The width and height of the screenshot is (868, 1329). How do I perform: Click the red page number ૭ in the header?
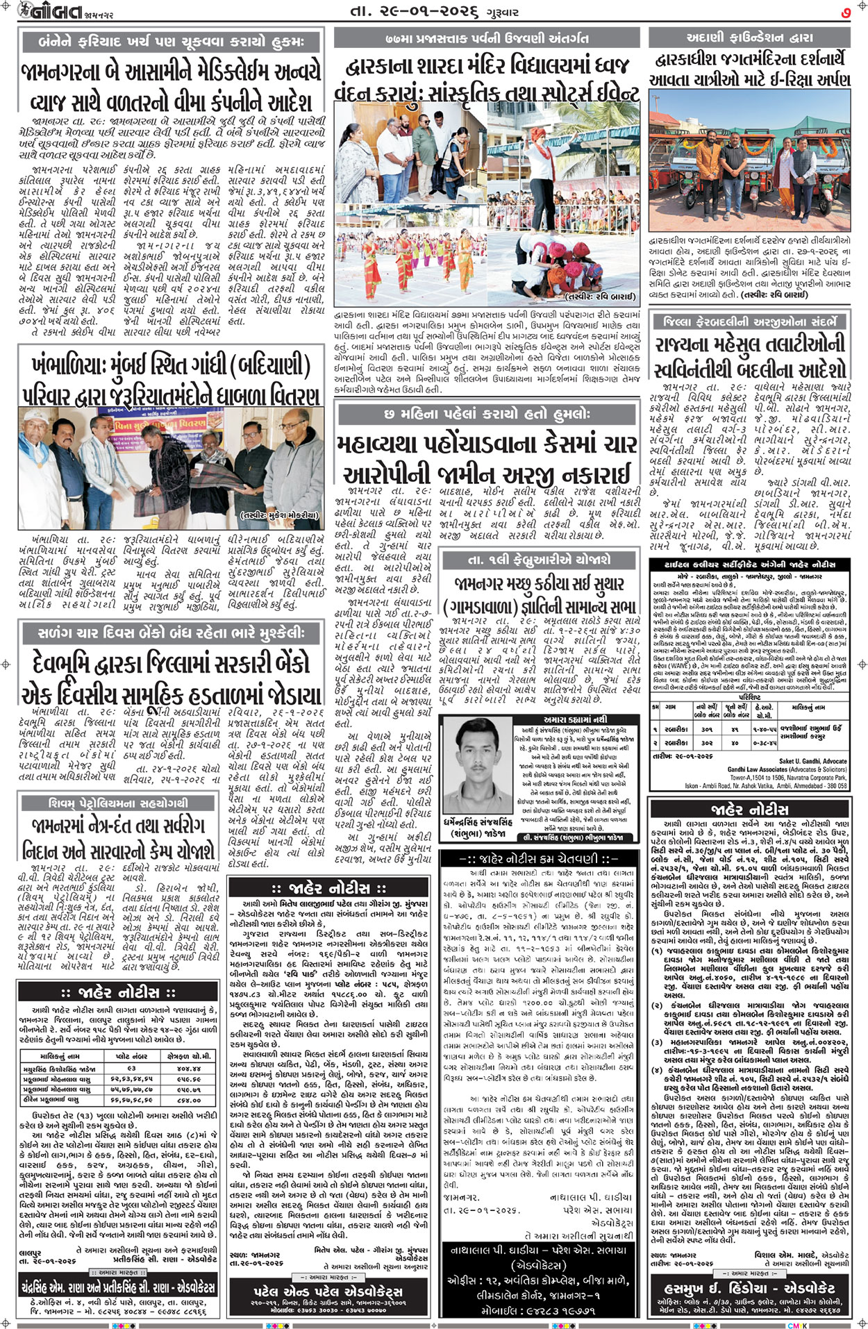click(846, 12)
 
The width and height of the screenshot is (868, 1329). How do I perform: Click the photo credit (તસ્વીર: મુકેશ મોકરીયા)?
click(281, 515)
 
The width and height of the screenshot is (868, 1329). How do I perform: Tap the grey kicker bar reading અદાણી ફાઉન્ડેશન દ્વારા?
click(749, 37)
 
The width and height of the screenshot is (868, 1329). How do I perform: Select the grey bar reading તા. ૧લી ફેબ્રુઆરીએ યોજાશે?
click(539, 559)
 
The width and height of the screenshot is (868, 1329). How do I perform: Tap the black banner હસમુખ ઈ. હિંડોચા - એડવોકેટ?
click(749, 1287)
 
